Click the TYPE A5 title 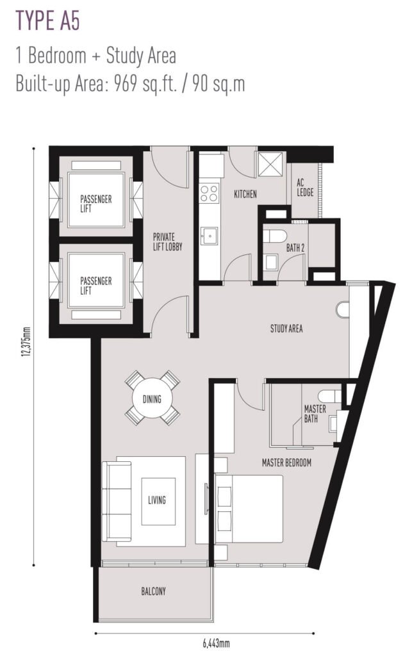47,21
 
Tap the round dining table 152,398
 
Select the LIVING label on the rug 157,500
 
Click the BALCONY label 153,591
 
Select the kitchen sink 208,236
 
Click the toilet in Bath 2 275,236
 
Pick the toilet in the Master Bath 330,395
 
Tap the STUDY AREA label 286,329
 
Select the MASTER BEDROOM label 286,463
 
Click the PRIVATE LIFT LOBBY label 167,242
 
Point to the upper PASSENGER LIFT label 95,204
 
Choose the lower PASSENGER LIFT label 95,285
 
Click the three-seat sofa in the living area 117,501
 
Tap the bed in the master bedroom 249,509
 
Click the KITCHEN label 245,194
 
